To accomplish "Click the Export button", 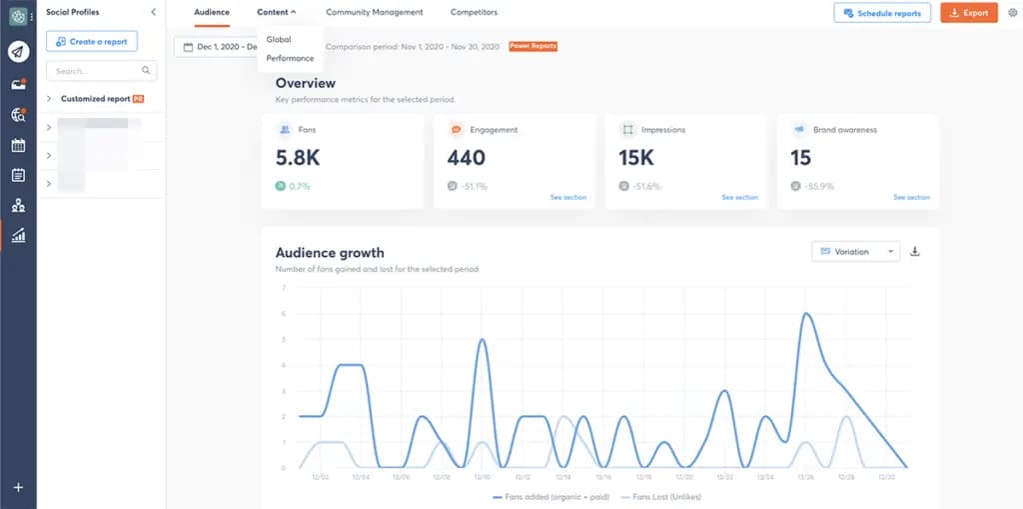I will click(968, 13).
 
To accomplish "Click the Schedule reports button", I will click(882, 13).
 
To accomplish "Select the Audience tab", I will click(211, 12).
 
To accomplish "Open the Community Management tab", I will click(374, 12).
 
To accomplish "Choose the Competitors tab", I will click(474, 12).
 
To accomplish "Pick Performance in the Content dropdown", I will click(290, 58).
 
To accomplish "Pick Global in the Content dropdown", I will click(279, 39).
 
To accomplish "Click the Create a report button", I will click(91, 41).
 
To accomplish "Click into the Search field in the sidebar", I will click(95, 71).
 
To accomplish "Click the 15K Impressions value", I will click(635, 158).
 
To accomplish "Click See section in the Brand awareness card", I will click(911, 197).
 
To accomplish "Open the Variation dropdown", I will click(855, 252).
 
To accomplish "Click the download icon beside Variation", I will click(915, 252).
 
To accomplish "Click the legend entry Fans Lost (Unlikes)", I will click(660, 496).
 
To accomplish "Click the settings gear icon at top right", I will click(1012, 13).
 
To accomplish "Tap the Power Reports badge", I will click(532, 46).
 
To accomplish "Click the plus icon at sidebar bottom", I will click(18, 487).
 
